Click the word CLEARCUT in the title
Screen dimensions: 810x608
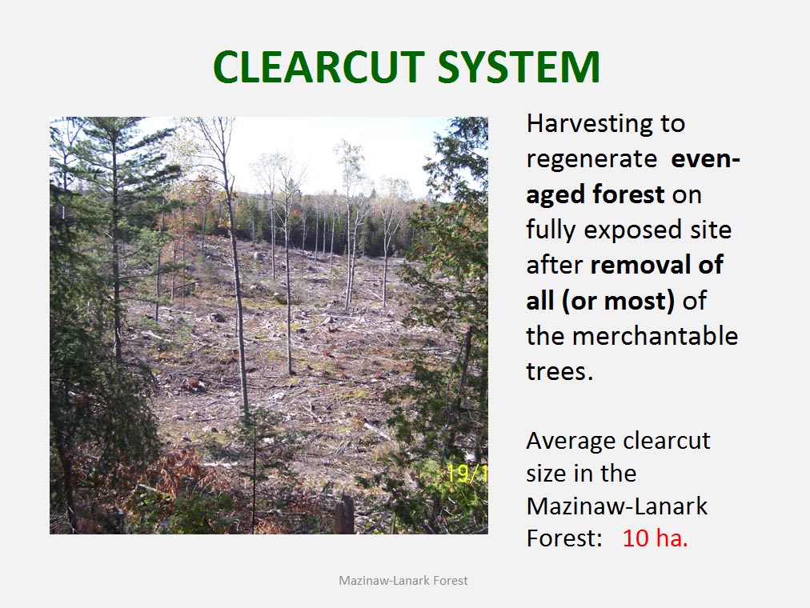[x=319, y=66]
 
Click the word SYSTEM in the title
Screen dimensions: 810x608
[x=519, y=66]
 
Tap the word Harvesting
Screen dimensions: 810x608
[x=588, y=124]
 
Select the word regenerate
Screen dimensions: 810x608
[x=591, y=160]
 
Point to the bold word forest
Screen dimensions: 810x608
[x=628, y=194]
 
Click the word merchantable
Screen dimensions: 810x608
[x=655, y=335]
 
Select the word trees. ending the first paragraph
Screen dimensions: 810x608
[x=559, y=371]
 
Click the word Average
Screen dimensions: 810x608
[x=571, y=441]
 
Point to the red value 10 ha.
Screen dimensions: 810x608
[x=655, y=538]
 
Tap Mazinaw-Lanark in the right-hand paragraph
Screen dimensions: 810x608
[x=617, y=506]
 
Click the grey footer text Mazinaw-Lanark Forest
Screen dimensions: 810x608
[x=403, y=581]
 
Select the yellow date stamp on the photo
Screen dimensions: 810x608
[x=467, y=474]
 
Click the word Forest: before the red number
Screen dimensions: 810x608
[x=564, y=538]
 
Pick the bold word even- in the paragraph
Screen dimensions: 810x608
[x=706, y=159]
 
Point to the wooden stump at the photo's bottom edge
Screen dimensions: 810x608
[x=344, y=514]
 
